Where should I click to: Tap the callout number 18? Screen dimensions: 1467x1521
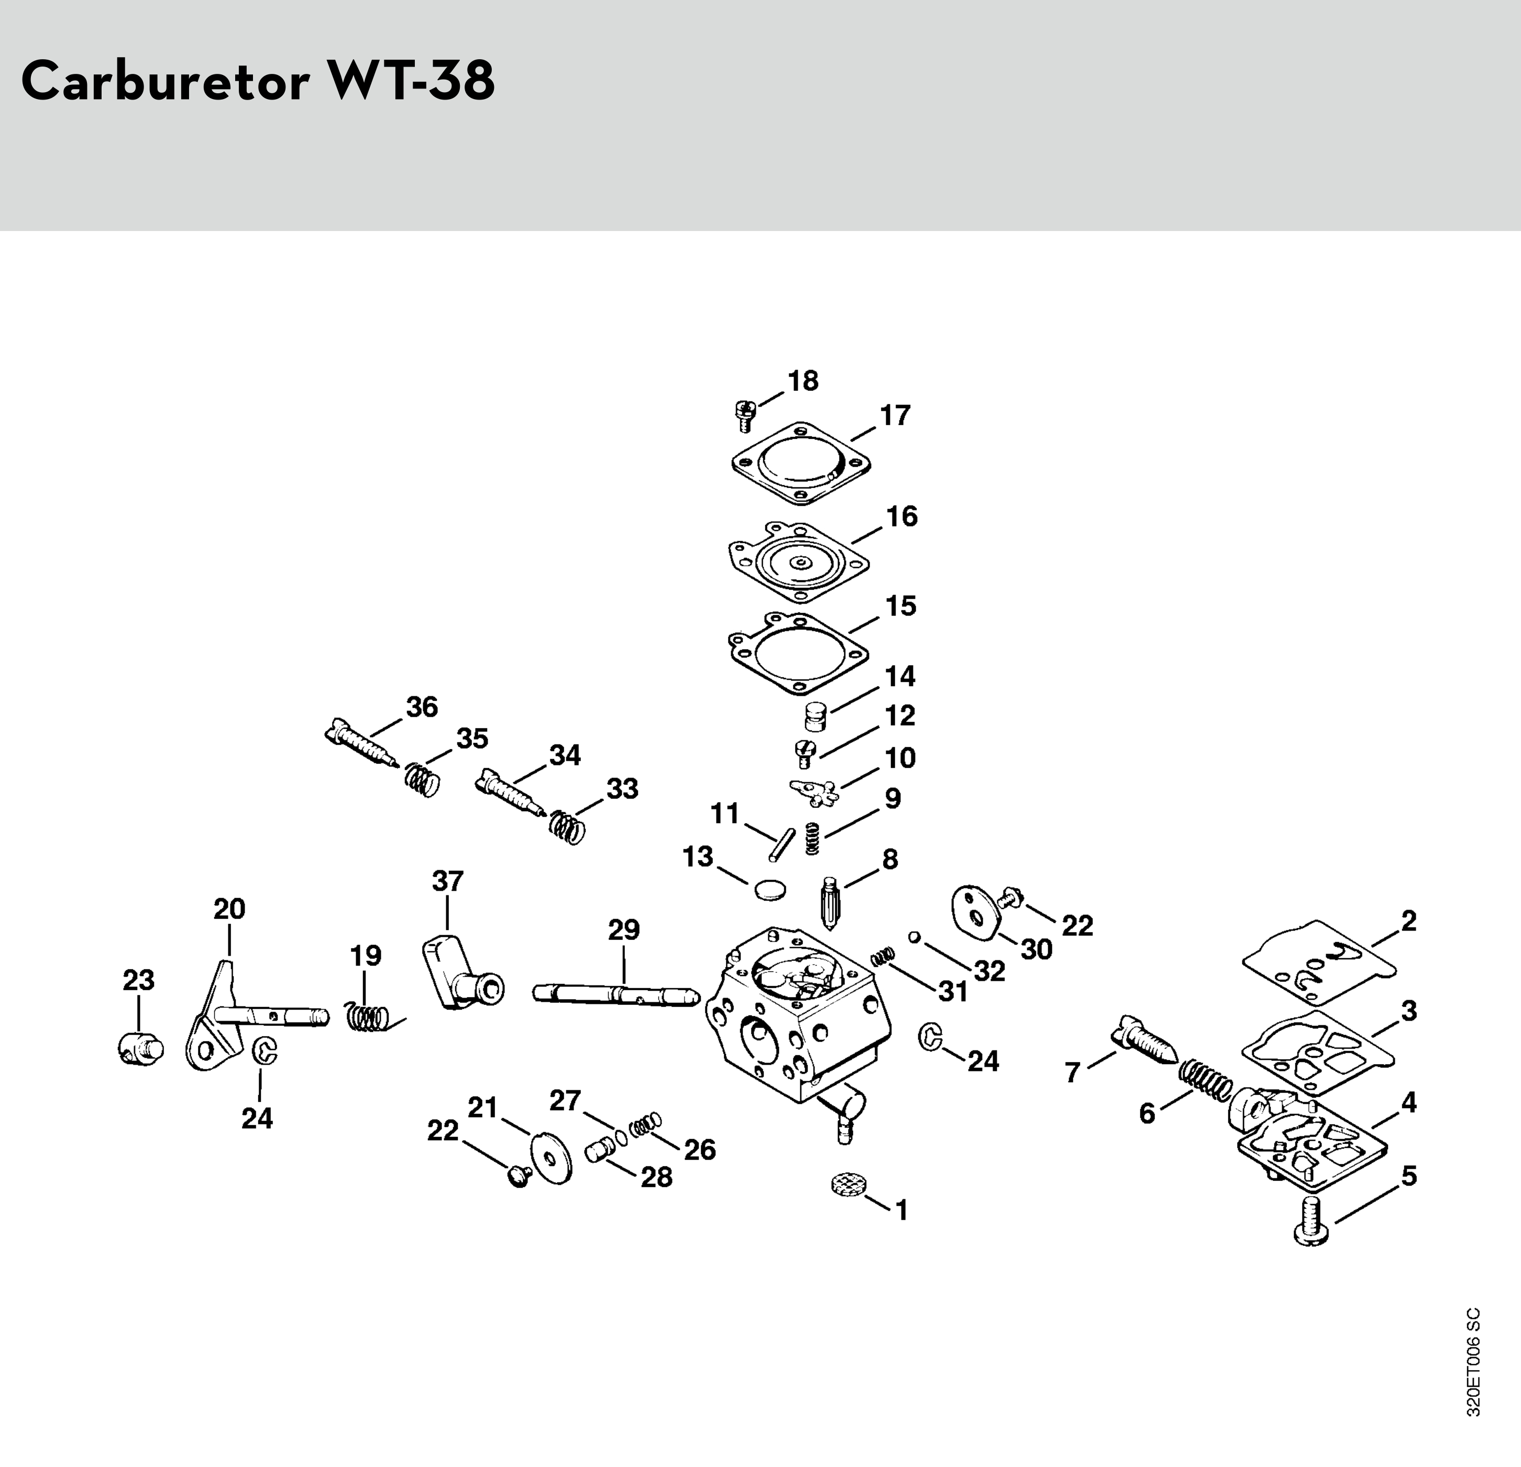pyautogui.click(x=802, y=381)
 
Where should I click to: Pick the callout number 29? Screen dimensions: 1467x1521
pyautogui.click(x=624, y=930)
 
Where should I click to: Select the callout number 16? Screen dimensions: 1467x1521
pyautogui.click(x=902, y=516)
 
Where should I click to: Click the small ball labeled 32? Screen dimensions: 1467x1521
pyautogui.click(x=915, y=937)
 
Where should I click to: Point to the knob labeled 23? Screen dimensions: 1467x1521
pyautogui.click(x=141, y=1049)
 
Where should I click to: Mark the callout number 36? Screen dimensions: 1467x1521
pyautogui.click(x=422, y=707)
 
